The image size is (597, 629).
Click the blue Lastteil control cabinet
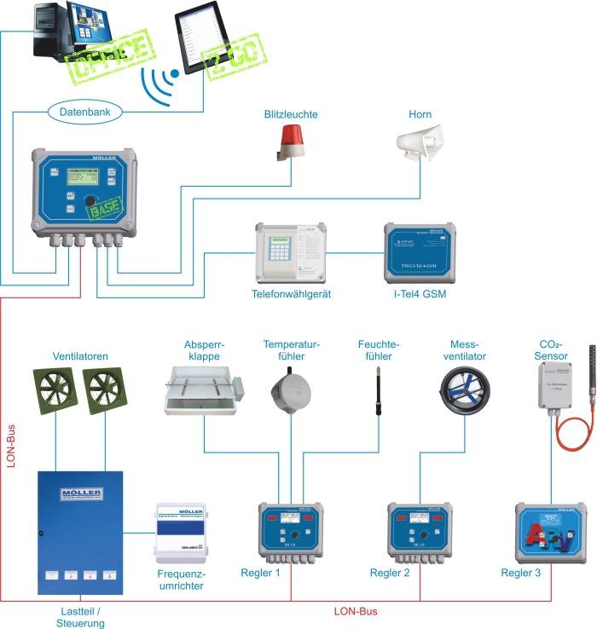pos(80,532)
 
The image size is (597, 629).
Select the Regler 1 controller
pos(291,533)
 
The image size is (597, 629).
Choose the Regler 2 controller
pos(420,533)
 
